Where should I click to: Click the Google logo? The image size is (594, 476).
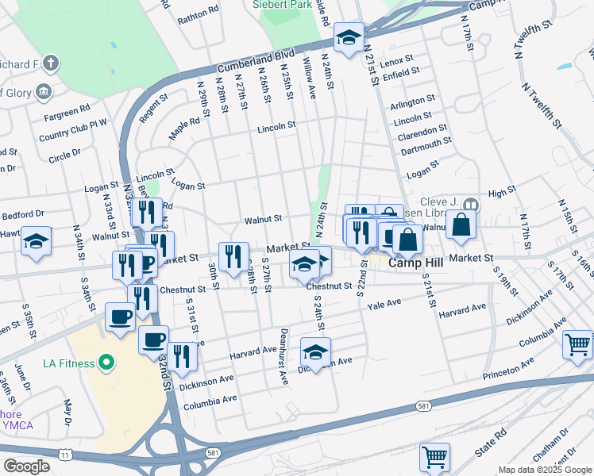pyautogui.click(x=26, y=466)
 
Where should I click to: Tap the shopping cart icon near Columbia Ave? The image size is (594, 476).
pyautogui.click(x=577, y=344)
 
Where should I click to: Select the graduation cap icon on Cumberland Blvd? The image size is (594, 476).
pyautogui.click(x=349, y=37)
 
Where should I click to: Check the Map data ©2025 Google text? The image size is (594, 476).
pyautogui.click(x=545, y=470)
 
